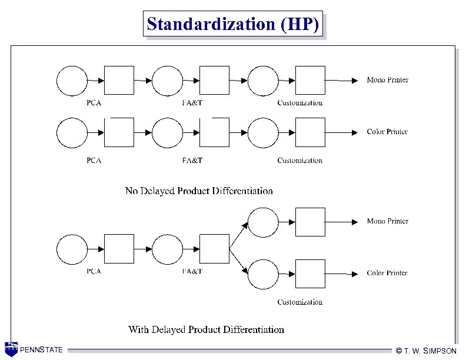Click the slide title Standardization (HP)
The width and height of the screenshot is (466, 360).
[x=234, y=24]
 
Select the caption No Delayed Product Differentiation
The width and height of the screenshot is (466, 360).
[x=199, y=191]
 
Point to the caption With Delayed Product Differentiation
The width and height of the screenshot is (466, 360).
[x=206, y=329]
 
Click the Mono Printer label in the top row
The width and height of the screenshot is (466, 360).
[x=387, y=80]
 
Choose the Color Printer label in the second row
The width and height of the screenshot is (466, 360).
[x=387, y=132]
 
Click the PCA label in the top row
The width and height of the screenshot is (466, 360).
[x=94, y=102]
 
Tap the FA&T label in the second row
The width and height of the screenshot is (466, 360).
[x=192, y=160]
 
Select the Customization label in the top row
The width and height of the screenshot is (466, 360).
[x=300, y=102]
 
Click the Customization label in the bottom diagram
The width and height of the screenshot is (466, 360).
[x=300, y=302]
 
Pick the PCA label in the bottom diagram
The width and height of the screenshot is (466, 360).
[x=94, y=271]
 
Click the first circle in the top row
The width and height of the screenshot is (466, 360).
[x=71, y=81]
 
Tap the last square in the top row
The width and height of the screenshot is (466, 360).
[x=310, y=81]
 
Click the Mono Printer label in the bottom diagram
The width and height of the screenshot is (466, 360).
[x=387, y=221]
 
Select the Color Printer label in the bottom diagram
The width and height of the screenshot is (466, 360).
[x=387, y=273]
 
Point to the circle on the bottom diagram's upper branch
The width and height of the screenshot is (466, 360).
[x=263, y=222]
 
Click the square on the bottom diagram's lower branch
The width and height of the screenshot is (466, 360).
[x=310, y=274]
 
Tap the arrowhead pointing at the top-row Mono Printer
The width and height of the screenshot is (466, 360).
[x=354, y=81]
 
